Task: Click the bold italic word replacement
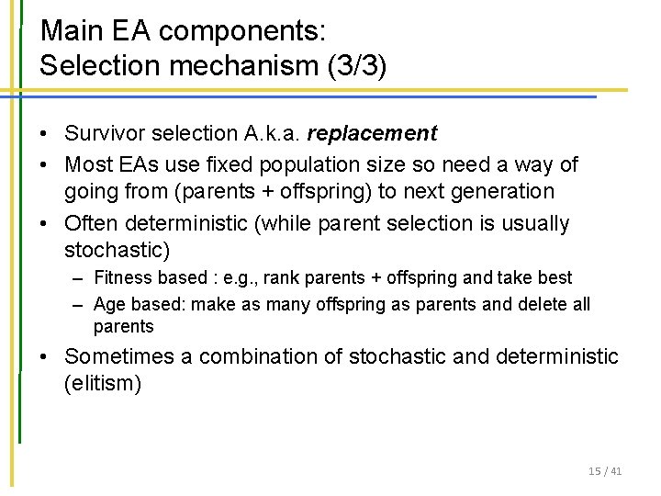[x=372, y=134]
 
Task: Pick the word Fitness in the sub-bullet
[x=120, y=277]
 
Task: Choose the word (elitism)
[x=103, y=383]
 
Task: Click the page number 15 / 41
[x=605, y=471]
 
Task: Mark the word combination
[x=260, y=356]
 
